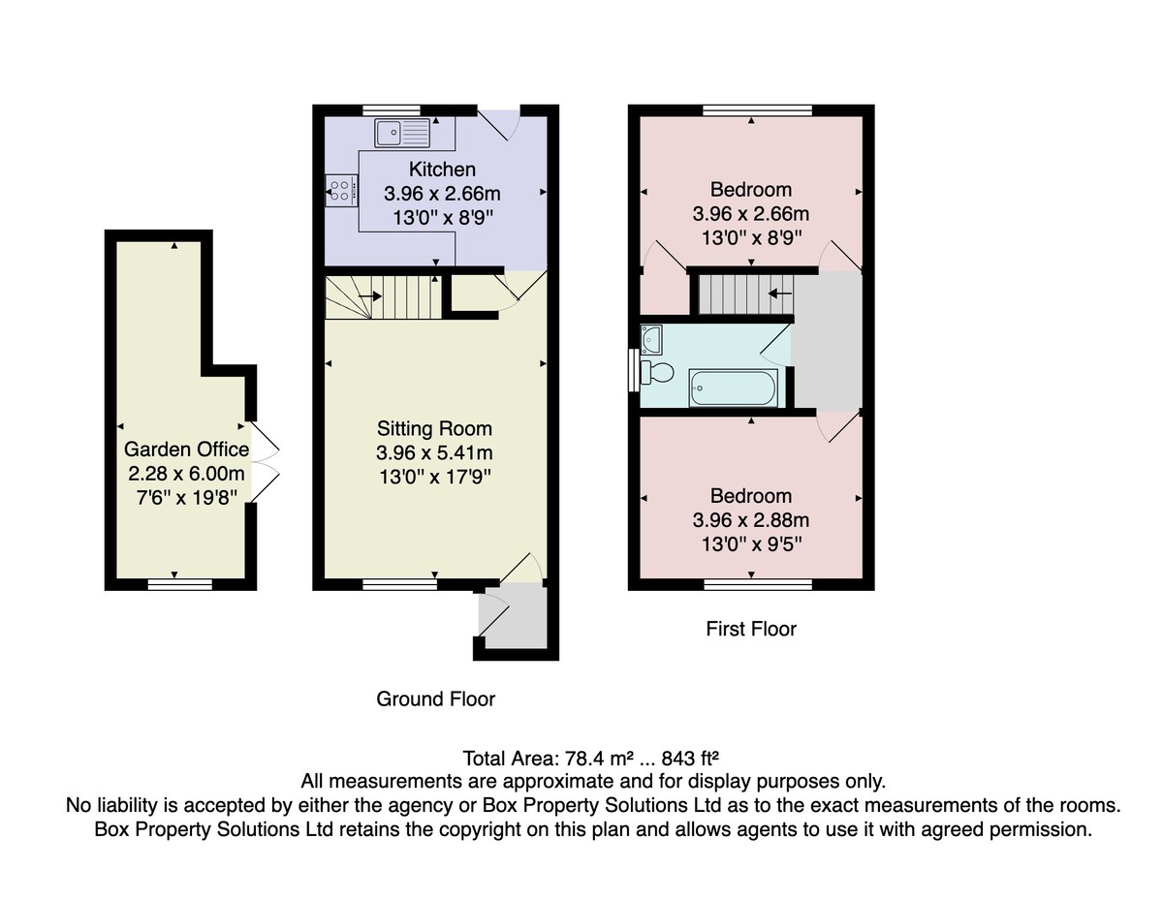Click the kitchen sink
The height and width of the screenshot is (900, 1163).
tap(402, 133)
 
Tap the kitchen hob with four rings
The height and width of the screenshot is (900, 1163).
tap(341, 191)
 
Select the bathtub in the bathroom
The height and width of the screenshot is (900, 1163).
tap(733, 388)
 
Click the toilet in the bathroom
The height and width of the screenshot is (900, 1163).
tap(657, 372)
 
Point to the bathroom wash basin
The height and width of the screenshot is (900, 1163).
tap(652, 339)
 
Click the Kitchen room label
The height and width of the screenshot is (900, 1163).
tap(442, 169)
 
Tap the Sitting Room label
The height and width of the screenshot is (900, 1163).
tap(434, 428)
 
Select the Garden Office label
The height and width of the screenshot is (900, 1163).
tap(186, 450)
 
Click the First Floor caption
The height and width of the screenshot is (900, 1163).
tap(751, 629)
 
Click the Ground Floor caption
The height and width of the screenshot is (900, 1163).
tap(436, 698)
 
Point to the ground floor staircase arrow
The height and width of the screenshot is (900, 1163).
tap(370, 295)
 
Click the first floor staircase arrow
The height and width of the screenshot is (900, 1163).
tap(780, 293)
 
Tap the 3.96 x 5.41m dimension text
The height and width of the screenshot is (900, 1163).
tap(434, 453)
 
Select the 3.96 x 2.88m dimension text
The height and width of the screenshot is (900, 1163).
tap(751, 520)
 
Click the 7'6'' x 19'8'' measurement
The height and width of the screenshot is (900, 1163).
tap(186, 498)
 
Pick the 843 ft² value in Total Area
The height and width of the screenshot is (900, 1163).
tap(689, 759)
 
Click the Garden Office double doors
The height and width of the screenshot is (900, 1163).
tap(266, 462)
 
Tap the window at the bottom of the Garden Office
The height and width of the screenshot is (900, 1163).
tap(180, 584)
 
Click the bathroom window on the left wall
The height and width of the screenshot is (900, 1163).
tap(634, 370)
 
